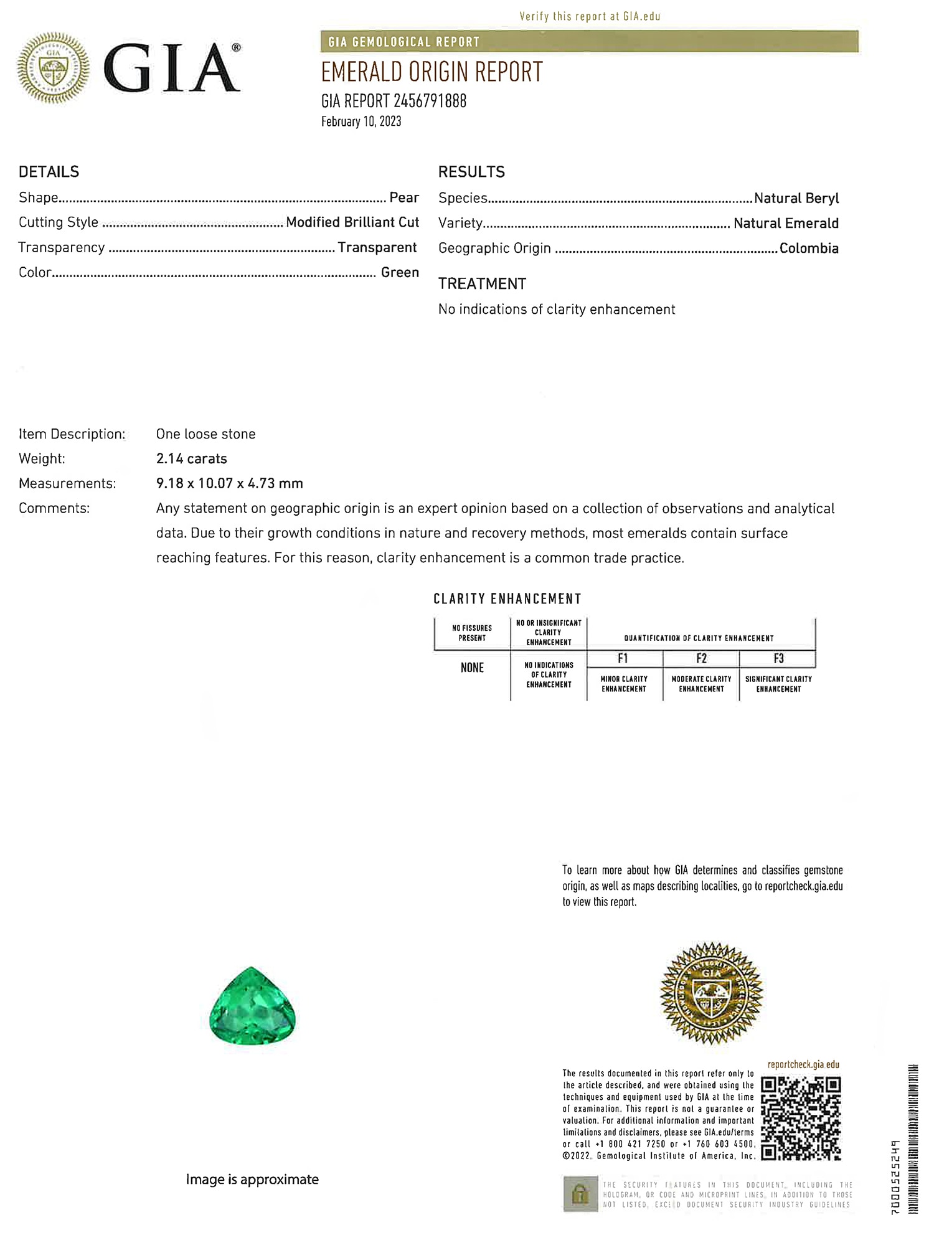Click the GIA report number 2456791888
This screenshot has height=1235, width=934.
pos(394,101)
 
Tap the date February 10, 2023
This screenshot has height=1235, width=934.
pos(361,121)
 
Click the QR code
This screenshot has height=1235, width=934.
pos(801,1119)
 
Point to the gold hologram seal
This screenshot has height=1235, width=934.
pos(711,993)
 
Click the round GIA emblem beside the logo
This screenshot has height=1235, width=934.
pos(54,67)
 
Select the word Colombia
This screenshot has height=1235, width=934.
pos(809,248)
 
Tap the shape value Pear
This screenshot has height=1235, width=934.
pos(404,198)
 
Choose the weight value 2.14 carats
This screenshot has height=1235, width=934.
pos(192,459)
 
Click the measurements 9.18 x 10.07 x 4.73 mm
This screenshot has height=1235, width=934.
pos(230,483)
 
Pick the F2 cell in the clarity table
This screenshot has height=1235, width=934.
pos(701,659)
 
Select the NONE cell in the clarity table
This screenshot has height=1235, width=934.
pos(472,668)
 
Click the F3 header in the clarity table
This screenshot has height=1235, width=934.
pos(778,659)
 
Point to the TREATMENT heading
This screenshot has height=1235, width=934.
pos(482,284)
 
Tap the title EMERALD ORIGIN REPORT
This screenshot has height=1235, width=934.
pos(432,72)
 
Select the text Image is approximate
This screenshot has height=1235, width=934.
pos(252,1180)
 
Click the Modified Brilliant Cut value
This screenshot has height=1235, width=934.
pos(352,222)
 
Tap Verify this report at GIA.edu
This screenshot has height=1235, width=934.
pos(590,17)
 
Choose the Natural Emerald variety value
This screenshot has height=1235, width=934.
pos(786,224)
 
